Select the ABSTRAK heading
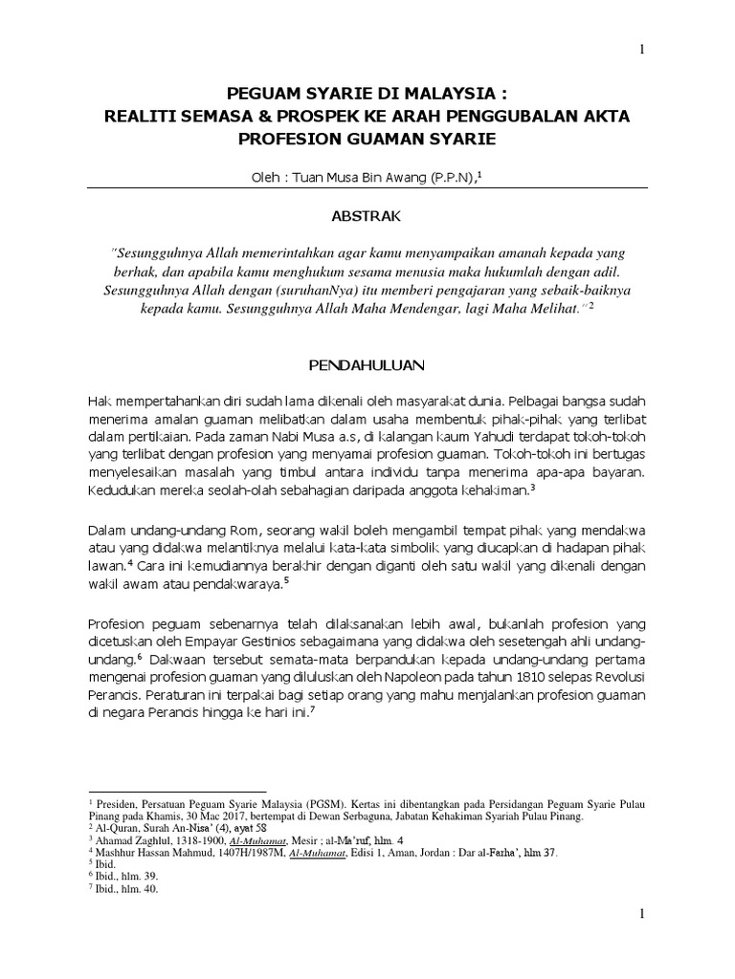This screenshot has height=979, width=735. coord(367,217)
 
